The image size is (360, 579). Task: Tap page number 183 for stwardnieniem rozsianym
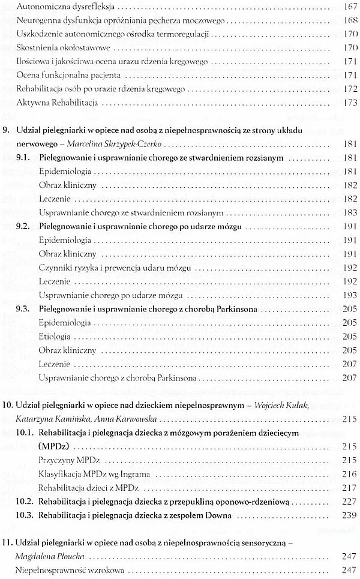coord(349,213)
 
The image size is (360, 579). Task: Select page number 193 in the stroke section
coord(349,295)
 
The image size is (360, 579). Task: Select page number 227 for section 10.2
coord(349,500)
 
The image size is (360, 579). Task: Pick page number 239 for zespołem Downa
coord(349,515)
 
